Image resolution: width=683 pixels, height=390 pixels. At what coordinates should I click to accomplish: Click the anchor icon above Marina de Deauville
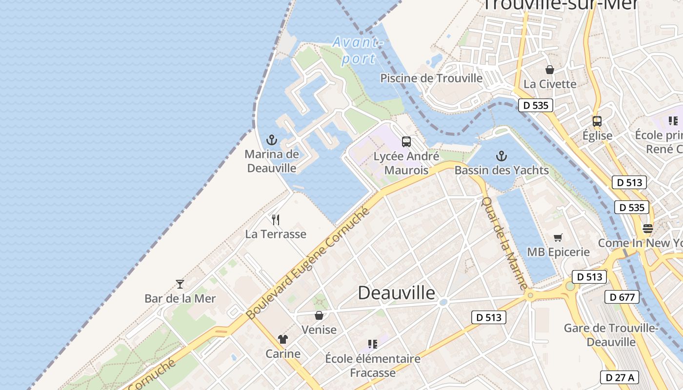[x=272, y=140]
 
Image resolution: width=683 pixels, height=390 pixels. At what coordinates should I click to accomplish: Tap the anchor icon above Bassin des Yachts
[x=501, y=156]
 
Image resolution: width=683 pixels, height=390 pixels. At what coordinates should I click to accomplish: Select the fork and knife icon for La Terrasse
[x=276, y=220]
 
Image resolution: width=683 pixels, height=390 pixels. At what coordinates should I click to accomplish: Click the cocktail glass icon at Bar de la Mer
[x=180, y=284]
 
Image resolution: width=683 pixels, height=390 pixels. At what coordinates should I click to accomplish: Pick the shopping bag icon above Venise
[x=319, y=315]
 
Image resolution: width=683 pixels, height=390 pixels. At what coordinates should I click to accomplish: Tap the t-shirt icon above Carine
[x=283, y=339]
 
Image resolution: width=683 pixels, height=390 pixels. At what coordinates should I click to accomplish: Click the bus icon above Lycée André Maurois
[x=406, y=142]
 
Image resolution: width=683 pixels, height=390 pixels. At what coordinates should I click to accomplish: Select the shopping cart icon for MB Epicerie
[x=558, y=237]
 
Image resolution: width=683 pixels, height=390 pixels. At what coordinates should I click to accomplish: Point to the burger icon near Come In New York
[x=648, y=228]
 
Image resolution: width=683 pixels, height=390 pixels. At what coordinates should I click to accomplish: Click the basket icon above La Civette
[x=550, y=70]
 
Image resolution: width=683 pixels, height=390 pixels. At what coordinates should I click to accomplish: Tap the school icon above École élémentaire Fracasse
[x=373, y=344]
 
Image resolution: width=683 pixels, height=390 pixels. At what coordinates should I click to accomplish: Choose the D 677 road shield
[x=622, y=296]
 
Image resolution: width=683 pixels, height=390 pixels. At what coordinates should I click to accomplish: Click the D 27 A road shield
[x=619, y=377]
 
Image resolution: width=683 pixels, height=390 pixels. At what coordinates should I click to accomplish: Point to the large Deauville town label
[x=396, y=293]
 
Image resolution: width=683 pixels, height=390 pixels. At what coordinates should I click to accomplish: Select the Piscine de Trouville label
[x=431, y=78]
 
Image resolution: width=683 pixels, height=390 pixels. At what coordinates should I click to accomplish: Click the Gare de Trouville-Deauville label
[x=611, y=335]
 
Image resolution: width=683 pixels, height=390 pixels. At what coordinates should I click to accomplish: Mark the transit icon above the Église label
[x=597, y=121]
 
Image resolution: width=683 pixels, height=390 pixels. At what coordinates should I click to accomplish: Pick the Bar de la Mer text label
[x=180, y=298]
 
